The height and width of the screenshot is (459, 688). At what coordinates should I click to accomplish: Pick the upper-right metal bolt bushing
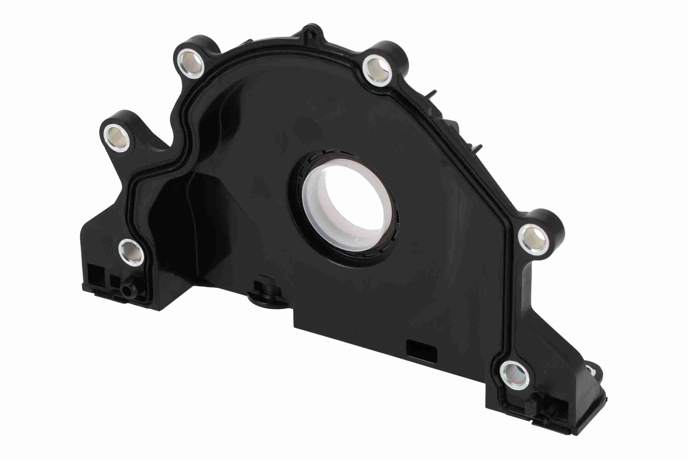(x=377, y=70)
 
